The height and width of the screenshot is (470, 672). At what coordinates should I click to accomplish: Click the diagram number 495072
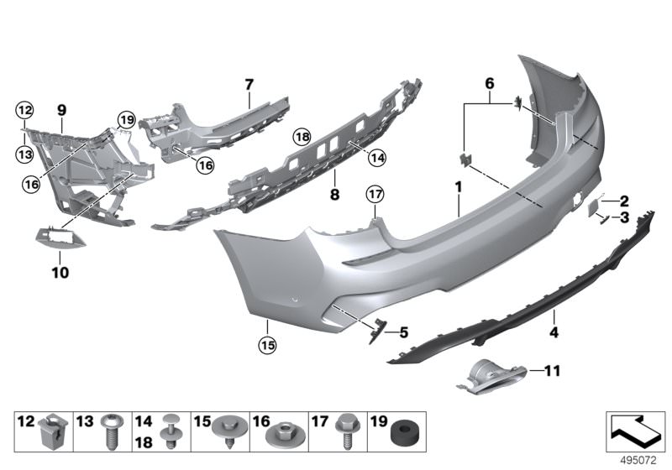point(638,461)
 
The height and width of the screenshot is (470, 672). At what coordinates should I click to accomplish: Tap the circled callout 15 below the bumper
point(267,345)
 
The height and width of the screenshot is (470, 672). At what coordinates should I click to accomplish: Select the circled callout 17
point(375,195)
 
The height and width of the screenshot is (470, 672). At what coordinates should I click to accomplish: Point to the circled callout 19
point(127,120)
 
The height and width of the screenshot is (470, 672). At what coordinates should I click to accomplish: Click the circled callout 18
point(302,137)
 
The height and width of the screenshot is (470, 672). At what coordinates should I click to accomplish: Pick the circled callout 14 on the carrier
point(377,158)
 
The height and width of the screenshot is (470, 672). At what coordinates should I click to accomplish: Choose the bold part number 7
point(249,85)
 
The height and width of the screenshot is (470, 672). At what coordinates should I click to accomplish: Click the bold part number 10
point(60,273)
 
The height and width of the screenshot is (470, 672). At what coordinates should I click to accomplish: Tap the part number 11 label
point(552,371)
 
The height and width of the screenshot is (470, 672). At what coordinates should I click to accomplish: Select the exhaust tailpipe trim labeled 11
point(491,377)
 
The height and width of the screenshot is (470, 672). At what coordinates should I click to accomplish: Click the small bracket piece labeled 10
point(60,237)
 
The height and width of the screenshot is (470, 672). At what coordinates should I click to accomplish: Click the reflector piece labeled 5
point(376,330)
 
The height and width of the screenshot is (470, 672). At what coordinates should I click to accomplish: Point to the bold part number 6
point(490,83)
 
